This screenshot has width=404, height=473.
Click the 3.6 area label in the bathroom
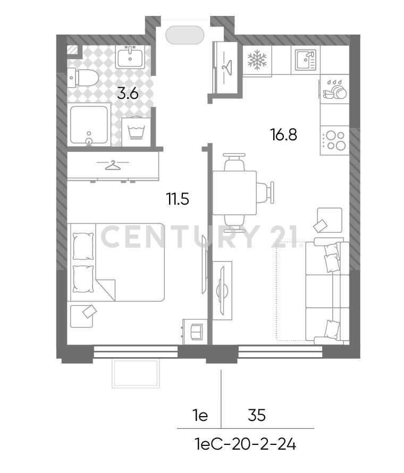pyautogui.click(x=128, y=94)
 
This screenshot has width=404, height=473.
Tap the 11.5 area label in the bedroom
pyautogui.click(x=178, y=199)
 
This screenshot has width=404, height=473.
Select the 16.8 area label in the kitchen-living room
pyautogui.click(x=284, y=134)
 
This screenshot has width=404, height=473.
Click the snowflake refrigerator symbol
pyautogui.click(x=257, y=60)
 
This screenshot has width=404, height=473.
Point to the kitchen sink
pyautogui.click(x=305, y=60)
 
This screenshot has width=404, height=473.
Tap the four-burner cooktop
pyautogui.click(x=334, y=141)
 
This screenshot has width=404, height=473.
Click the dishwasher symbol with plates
pyautogui.click(x=334, y=89)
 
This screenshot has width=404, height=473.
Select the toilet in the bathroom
pyautogui.click(x=83, y=78)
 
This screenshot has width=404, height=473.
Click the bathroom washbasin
pyautogui.click(x=130, y=57)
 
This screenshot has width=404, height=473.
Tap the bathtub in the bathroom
pyautogui.click(x=89, y=124)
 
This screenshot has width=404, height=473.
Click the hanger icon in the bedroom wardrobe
pyautogui.click(x=112, y=165)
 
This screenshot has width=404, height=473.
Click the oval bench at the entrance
pyautogui.click(x=185, y=35)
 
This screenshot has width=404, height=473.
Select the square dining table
pyautogui.click(x=235, y=193)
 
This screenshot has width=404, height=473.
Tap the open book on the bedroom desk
pyautogui.click(x=197, y=332)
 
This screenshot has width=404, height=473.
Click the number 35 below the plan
pyautogui.click(x=257, y=416)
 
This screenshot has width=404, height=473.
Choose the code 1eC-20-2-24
pyautogui.click(x=245, y=444)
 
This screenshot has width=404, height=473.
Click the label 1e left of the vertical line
pyautogui.click(x=200, y=416)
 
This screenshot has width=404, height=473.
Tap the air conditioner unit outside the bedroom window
pyautogui.click(x=136, y=373)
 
